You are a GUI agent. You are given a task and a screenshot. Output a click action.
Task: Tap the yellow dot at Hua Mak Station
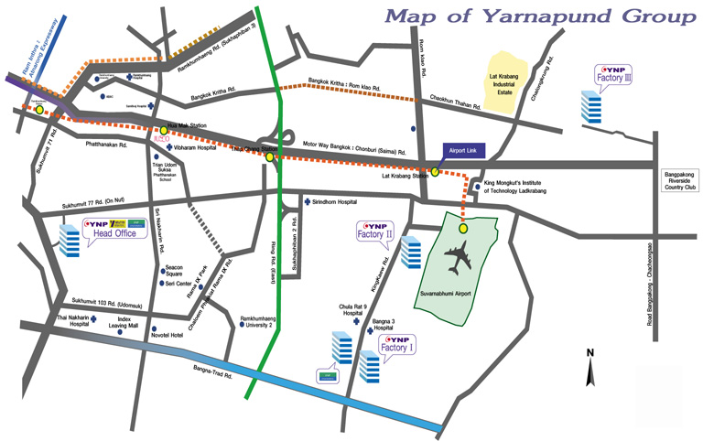(x=164, y=130)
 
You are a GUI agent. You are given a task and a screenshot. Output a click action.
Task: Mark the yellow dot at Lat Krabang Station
(x=436, y=170)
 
